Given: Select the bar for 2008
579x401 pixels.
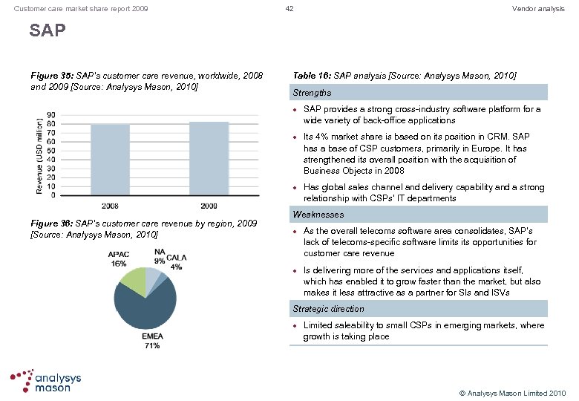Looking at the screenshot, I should (x=111, y=160).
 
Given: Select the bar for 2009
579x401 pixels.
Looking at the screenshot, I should (x=209, y=158).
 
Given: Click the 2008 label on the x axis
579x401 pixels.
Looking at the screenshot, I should (x=110, y=205).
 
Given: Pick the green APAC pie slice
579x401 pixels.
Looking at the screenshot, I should (x=134, y=281).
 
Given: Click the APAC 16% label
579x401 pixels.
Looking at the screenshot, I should (x=118, y=258).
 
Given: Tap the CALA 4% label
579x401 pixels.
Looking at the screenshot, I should (x=176, y=262).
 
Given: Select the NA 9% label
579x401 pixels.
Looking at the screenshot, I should (x=160, y=255).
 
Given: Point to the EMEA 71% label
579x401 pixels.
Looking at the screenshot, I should (x=152, y=341).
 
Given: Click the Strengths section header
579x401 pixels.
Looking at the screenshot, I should (x=312, y=94).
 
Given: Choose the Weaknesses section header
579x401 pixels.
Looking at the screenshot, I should (x=318, y=215).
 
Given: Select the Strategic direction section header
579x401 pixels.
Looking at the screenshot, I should (x=328, y=309).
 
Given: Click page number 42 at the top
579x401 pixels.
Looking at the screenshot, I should (x=290, y=8).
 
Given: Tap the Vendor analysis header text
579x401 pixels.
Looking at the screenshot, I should (x=540, y=8).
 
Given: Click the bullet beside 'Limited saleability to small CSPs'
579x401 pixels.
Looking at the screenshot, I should (x=295, y=326).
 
